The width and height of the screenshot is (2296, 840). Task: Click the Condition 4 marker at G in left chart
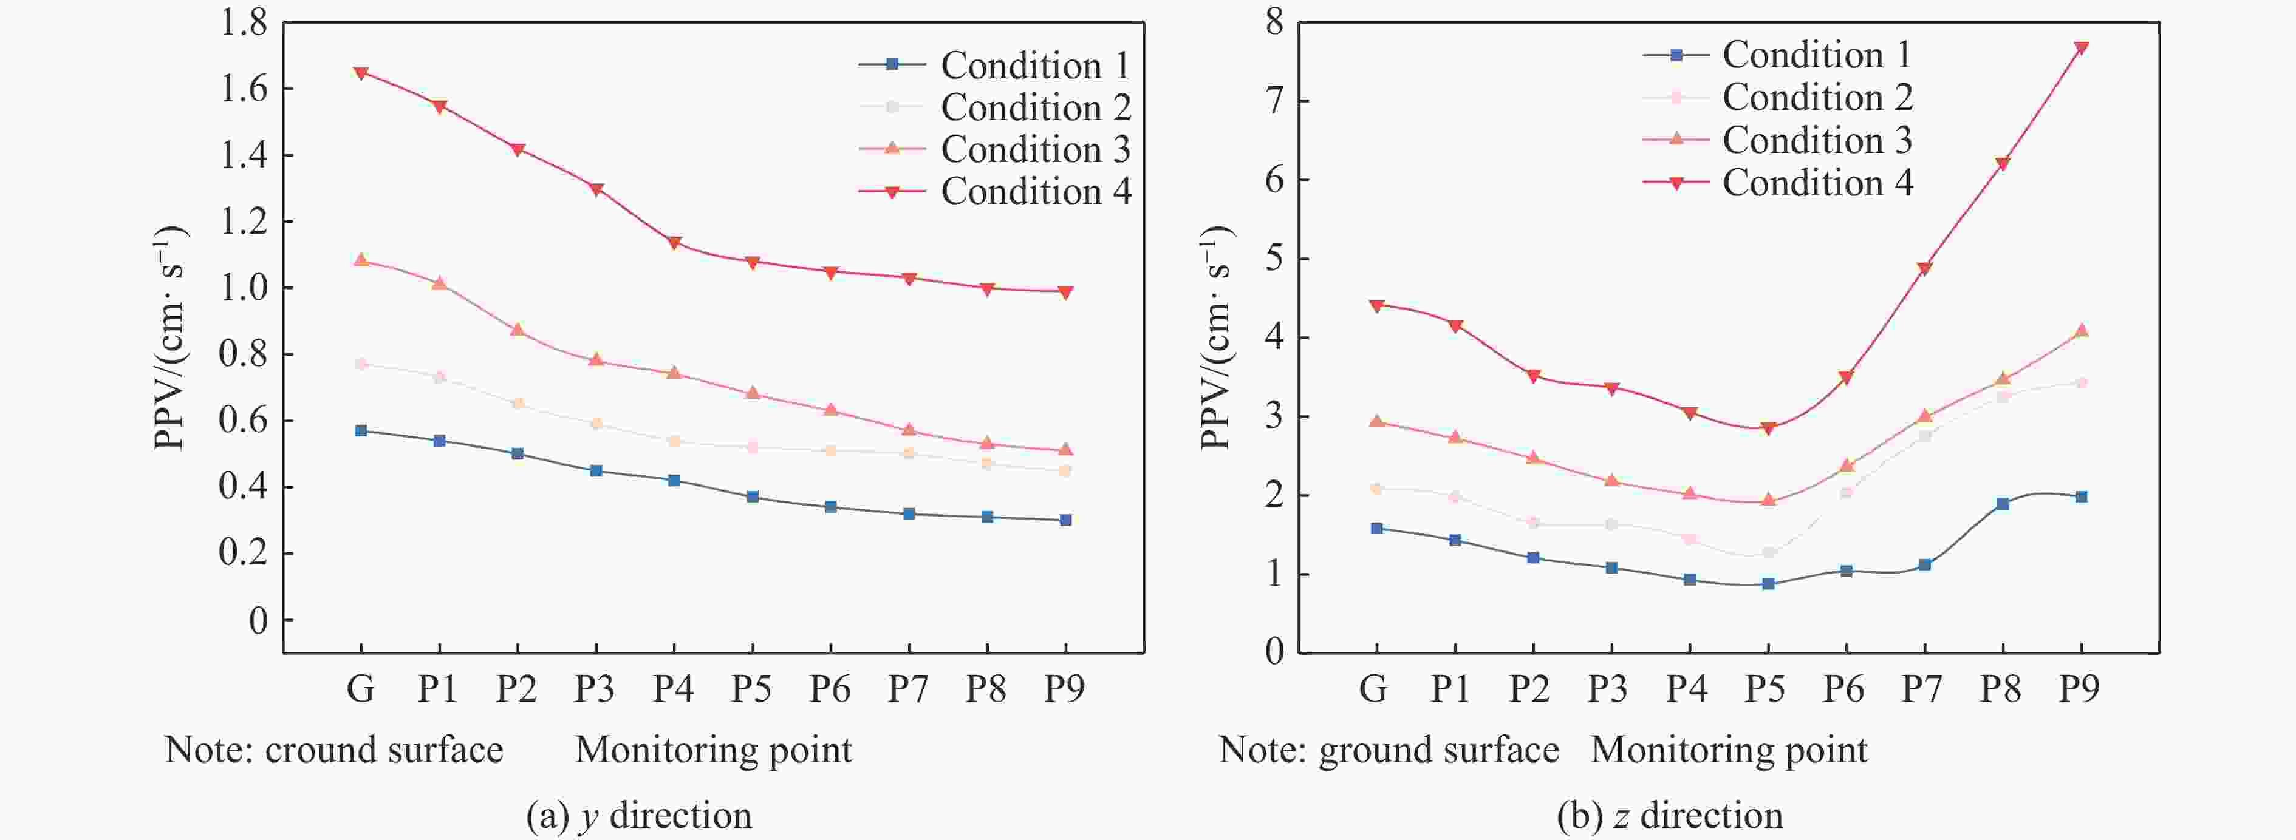tap(361, 73)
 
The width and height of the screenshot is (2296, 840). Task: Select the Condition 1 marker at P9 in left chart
tap(1065, 520)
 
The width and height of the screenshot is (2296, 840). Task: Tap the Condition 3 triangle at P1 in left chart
tap(439, 283)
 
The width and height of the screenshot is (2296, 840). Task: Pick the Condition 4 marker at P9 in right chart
tap(2081, 48)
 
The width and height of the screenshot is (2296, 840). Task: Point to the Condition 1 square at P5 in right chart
tap(1768, 584)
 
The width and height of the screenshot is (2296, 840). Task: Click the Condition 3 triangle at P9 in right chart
tap(2081, 331)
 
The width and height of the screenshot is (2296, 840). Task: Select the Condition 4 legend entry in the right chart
tap(1777, 183)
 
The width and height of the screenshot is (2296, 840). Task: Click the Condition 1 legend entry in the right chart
tap(1777, 55)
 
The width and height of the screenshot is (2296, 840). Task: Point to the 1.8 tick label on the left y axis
tap(244, 23)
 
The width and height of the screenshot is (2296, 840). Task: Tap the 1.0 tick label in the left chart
tap(244, 288)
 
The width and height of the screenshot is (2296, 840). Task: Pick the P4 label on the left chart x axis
tap(673, 688)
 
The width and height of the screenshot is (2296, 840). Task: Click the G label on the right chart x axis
tap(1373, 688)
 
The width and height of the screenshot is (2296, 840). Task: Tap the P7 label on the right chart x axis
tap(1922, 688)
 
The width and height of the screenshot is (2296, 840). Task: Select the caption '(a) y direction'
tap(639, 816)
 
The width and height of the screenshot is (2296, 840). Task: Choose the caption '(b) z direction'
tap(1669, 816)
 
